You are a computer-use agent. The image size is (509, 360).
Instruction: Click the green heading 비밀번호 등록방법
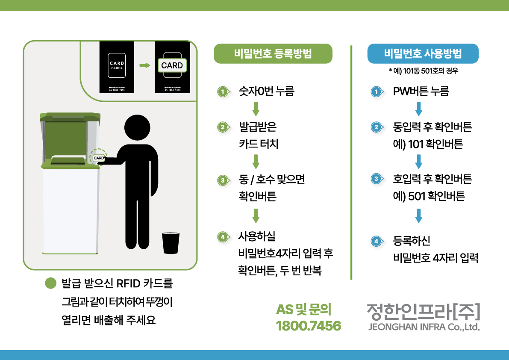273,54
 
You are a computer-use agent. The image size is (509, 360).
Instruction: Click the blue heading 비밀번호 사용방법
423,54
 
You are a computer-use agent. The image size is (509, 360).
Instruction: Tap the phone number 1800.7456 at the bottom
308,326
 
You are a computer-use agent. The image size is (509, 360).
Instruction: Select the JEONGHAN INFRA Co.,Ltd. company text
424,328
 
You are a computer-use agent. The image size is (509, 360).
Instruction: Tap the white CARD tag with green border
172,65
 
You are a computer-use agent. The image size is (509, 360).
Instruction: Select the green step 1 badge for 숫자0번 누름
222,91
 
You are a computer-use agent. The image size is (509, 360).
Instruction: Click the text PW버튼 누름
421,91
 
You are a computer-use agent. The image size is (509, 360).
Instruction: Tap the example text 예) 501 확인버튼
429,196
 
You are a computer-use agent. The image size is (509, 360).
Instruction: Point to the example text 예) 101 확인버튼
428,145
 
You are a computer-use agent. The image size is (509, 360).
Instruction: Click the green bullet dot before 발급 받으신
51,284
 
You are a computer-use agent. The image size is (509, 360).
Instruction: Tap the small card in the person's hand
99,158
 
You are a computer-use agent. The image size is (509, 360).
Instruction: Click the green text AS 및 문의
304,310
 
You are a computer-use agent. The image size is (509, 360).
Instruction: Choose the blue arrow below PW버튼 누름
419,109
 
